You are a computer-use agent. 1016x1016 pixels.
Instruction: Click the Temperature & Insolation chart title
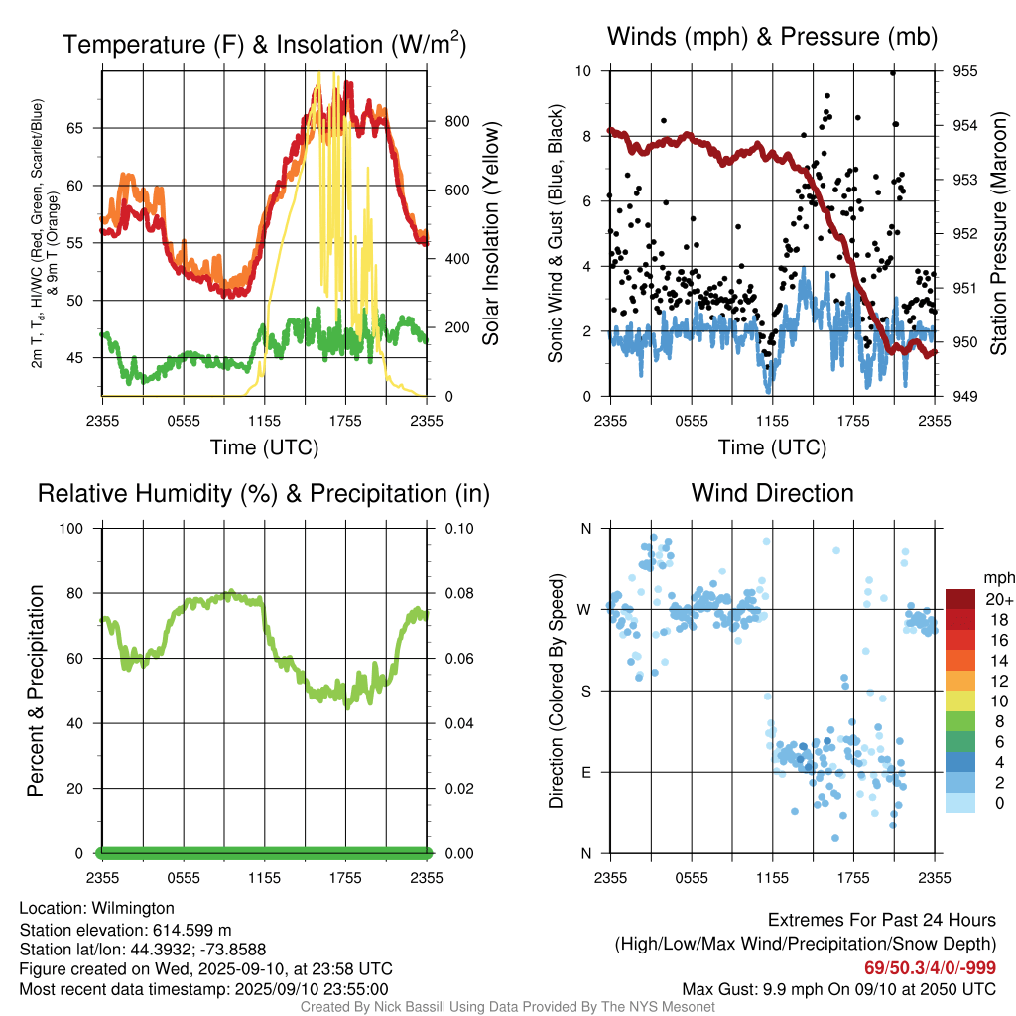[264, 44]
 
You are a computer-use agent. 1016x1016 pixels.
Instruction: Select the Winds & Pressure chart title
[772, 37]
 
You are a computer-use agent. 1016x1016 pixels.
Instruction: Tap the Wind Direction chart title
[772, 493]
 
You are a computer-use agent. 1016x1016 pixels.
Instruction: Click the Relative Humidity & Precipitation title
[264, 493]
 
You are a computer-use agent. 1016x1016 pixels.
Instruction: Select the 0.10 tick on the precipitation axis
[457, 528]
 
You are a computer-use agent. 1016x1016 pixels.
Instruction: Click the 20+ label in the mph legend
[998, 600]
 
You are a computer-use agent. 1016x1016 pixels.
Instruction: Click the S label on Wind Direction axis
[585, 691]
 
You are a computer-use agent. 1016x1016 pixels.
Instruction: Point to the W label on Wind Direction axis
[585, 609]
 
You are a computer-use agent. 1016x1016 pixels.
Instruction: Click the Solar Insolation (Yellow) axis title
[491, 234]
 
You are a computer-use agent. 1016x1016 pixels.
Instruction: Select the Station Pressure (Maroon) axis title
[998, 233]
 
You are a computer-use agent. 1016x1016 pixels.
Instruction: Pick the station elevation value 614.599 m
[191, 930]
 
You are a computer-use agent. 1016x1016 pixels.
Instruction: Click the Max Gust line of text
[839, 989]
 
